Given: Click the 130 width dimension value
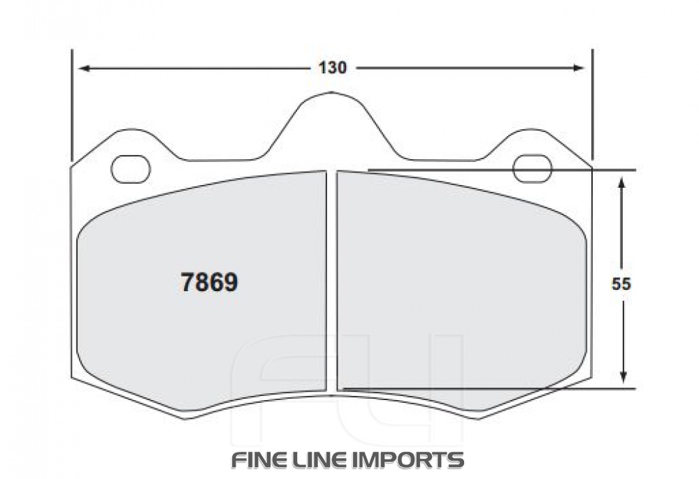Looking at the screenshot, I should (x=333, y=68).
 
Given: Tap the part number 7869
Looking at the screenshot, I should (x=210, y=283).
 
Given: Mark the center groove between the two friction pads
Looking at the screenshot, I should (x=331, y=279).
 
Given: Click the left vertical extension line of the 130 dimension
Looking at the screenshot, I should (x=72, y=105).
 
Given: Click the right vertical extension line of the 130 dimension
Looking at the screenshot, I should (x=592, y=105).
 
